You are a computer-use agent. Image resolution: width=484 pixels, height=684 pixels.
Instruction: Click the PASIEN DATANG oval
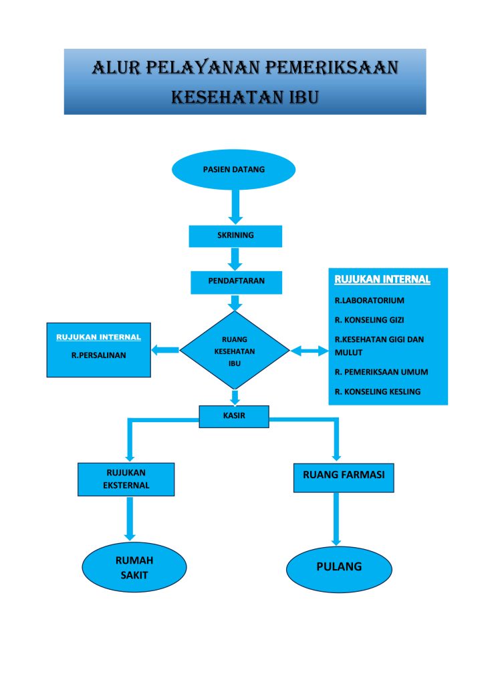point(233,170)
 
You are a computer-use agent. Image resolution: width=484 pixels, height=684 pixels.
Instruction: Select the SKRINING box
point(235,236)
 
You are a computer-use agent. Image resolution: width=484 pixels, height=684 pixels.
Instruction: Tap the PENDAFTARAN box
point(236,281)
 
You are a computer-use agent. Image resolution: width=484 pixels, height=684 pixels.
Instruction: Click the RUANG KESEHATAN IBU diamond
point(235,350)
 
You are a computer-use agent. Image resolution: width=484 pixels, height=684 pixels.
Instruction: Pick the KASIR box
point(234,416)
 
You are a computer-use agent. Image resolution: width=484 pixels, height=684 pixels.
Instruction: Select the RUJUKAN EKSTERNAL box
point(126,479)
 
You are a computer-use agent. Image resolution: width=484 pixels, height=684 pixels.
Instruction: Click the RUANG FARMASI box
point(344,476)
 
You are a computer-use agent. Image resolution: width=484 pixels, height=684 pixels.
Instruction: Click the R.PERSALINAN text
point(98,355)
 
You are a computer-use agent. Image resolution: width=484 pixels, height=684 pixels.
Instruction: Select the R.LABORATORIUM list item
point(370,301)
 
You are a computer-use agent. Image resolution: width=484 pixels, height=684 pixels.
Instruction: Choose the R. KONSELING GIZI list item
point(370,320)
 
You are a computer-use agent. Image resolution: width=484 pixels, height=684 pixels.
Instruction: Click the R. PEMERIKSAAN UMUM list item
point(381,372)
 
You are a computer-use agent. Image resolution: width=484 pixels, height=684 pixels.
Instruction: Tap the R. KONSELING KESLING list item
point(378,391)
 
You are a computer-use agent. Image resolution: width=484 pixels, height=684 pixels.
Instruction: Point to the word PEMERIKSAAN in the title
point(332,67)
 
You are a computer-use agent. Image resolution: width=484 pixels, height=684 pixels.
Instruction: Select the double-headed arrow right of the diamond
point(309,350)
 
